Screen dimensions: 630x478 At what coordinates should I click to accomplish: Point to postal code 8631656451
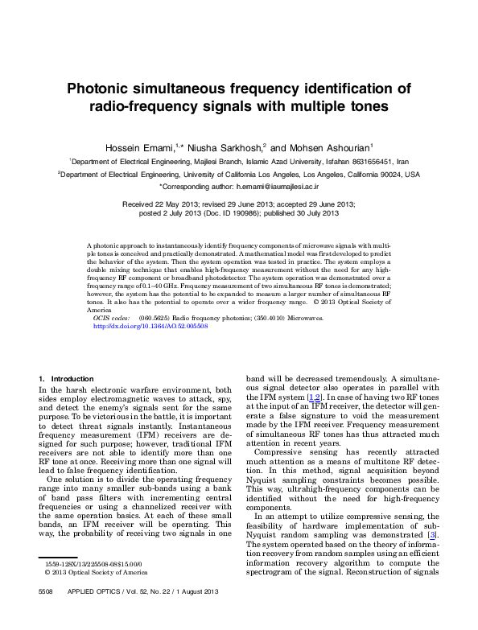[373, 161]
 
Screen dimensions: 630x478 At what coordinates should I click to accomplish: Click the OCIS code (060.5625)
[153, 318]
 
